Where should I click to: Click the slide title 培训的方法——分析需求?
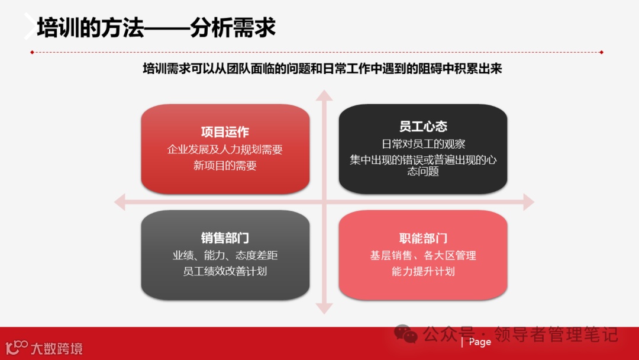coord(156,28)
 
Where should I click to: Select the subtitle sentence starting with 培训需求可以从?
coord(322,69)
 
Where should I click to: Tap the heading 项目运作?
coord(225,132)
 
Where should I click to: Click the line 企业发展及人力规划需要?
coord(225,149)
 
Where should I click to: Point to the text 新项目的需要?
coord(225,166)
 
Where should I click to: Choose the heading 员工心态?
coord(423,126)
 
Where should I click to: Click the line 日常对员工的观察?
coord(423,144)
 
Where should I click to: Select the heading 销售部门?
coord(225,238)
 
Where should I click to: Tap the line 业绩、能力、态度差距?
coord(225,256)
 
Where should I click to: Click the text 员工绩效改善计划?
coord(225,271)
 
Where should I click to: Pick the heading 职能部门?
coord(423,238)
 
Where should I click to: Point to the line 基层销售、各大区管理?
coord(423,256)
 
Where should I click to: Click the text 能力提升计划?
coord(423,271)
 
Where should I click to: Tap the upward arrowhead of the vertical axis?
coord(324,96)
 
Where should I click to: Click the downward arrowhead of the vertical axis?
coord(324,308)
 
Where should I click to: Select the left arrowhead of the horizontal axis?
coord(120,202)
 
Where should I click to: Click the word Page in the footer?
coord(480,342)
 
